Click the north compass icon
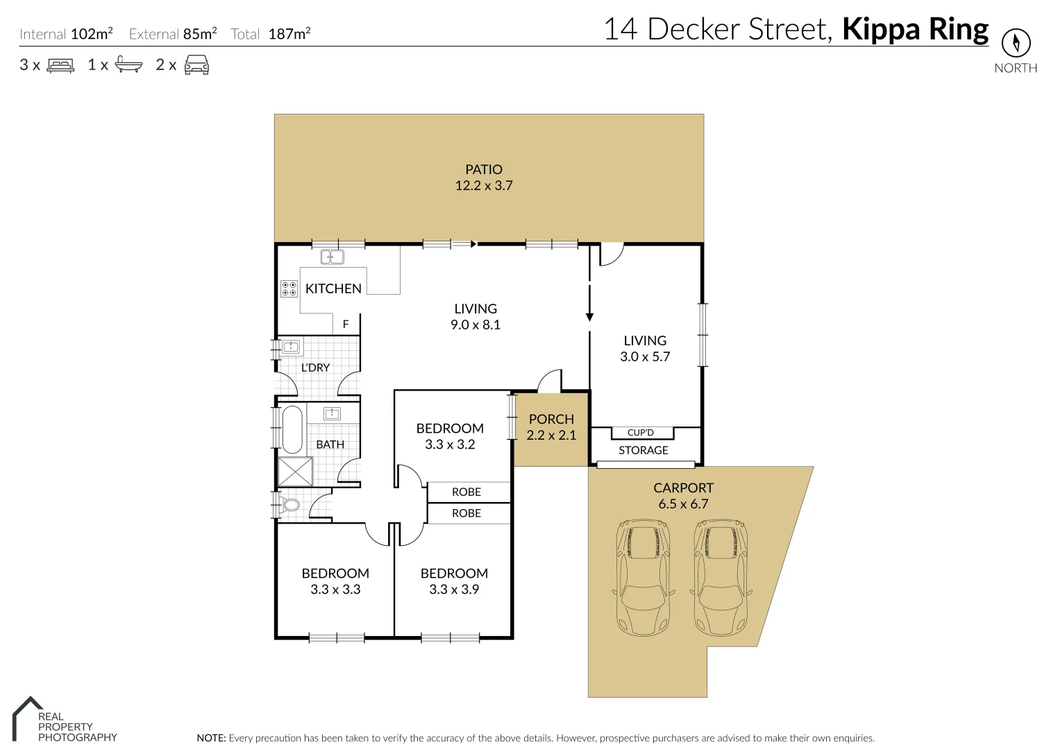1016,43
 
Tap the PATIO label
484,169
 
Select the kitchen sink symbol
332,257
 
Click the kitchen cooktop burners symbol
289,289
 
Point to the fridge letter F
346,324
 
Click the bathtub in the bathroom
292,429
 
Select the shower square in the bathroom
295,472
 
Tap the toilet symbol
289,503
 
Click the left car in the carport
644,575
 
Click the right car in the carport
721,575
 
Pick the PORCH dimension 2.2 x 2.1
551,436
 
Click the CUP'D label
640,433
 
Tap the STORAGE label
644,450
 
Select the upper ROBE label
466,492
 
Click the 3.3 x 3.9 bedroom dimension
454,589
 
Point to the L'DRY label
315,368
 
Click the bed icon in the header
60,65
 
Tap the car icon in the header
196,64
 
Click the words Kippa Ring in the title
915,30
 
